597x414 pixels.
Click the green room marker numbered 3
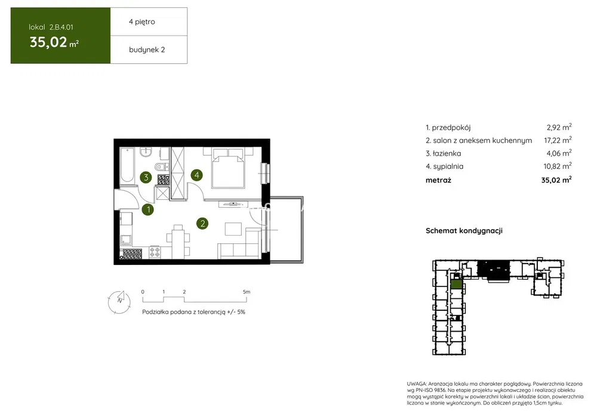[x=146, y=177]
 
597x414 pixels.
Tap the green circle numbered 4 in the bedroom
[x=196, y=175]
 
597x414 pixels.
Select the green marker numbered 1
[x=148, y=209]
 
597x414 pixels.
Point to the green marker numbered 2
[x=202, y=223]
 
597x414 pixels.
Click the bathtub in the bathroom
[x=127, y=165]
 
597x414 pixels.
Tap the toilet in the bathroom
[x=161, y=166]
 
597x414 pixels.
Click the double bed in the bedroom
[x=228, y=168]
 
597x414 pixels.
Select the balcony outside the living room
[x=286, y=230]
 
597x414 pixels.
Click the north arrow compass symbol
[x=119, y=302]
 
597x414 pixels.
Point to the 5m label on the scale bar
[x=247, y=292]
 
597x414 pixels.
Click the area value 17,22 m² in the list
[x=558, y=140]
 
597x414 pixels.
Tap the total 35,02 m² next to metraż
[x=556, y=180]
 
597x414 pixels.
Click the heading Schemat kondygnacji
[x=464, y=231]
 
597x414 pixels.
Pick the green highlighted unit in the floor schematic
[x=456, y=284]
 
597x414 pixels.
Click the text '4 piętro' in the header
[x=142, y=21]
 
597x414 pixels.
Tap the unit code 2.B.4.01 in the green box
[x=61, y=27]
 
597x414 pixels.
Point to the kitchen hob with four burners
[x=155, y=252]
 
